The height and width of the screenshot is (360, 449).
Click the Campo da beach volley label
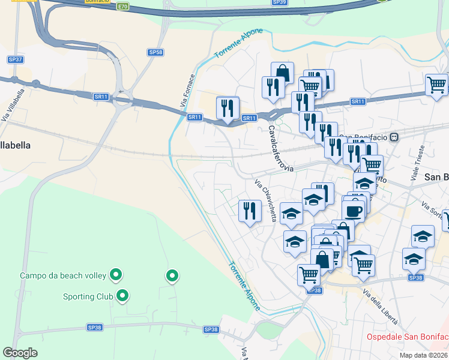pyautogui.click(x=62, y=276)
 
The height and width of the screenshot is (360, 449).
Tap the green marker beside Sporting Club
pyautogui.click(x=123, y=295)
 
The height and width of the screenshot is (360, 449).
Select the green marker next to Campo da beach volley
pyautogui.click(x=116, y=275)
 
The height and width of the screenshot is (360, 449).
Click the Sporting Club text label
pyautogui.click(x=88, y=296)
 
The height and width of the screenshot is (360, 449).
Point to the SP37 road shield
pyautogui.click(x=16, y=59)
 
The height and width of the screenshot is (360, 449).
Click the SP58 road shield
pyautogui.click(x=155, y=53)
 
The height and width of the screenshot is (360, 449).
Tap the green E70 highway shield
pyautogui.click(x=122, y=6)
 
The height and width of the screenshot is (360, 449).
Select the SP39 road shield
pyautogui.click(x=279, y=2)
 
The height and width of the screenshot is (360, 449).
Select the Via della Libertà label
pyautogui.click(x=381, y=307)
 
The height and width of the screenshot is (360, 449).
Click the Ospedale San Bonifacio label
pyautogui.click(x=408, y=337)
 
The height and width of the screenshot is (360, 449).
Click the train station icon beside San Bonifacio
pyautogui.click(x=394, y=137)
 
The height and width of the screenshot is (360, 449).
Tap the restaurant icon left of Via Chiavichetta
pyautogui.click(x=250, y=210)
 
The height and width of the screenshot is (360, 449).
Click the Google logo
pyautogui.click(x=20, y=353)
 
